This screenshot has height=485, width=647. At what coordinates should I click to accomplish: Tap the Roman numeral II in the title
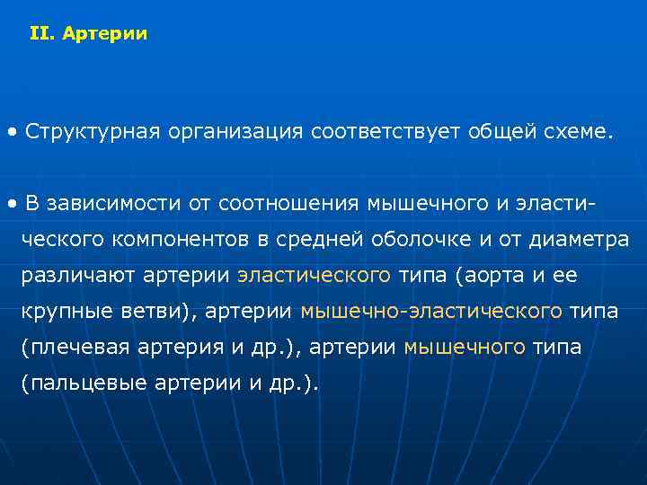[40, 35]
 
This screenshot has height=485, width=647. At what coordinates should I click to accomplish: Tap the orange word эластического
[314, 276]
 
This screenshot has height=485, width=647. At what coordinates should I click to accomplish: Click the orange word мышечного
[465, 348]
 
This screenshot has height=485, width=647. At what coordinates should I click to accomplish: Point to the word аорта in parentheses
[490, 276]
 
